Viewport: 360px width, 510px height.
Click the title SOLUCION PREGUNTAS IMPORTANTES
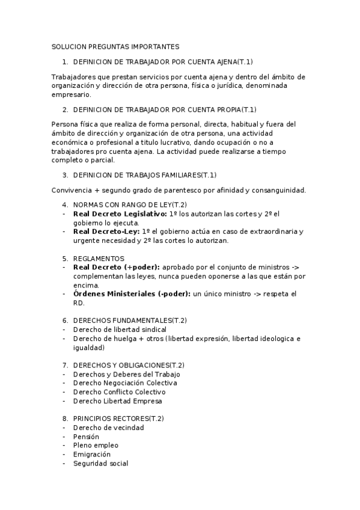(x=115, y=46)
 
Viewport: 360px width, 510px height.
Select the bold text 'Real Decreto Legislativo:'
(x=120, y=214)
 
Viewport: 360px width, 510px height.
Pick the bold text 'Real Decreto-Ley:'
(x=106, y=232)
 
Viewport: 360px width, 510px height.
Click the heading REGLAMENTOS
(x=99, y=258)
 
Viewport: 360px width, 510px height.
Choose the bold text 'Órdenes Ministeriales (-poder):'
(x=131, y=293)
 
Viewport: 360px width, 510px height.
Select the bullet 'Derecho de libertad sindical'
(x=120, y=330)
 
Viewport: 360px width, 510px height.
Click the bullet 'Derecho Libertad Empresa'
(x=117, y=401)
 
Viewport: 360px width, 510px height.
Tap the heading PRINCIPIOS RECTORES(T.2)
(x=118, y=419)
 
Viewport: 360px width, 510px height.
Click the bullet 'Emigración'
(x=91, y=455)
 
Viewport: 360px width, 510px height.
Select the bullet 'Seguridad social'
(x=100, y=464)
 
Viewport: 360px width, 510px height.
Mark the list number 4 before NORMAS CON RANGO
(x=66, y=205)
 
